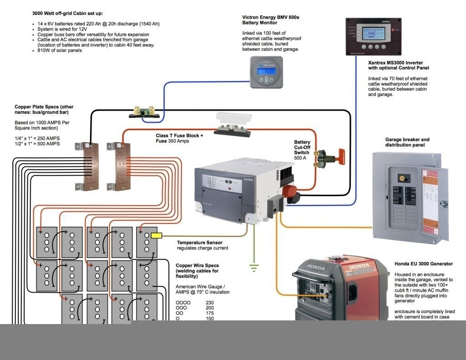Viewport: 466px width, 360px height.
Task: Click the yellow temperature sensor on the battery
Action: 156,236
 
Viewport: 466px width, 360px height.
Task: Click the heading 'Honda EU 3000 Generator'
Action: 423,264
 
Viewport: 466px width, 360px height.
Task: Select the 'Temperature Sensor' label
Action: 200,243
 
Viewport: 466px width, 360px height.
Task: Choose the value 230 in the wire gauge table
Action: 210,302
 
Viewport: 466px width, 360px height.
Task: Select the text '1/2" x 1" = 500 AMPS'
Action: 37,144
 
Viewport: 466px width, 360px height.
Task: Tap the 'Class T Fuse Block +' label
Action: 179,136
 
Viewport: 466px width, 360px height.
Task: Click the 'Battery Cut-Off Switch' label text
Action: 302,147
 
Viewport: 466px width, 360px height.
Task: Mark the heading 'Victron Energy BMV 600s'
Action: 271,17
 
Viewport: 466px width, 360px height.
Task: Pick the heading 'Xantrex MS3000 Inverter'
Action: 399,62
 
